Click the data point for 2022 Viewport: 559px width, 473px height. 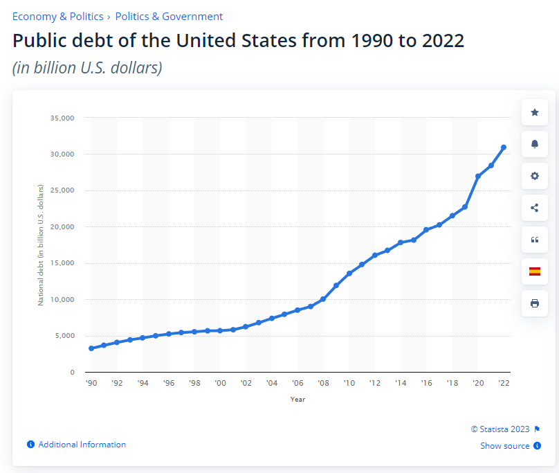pos(504,148)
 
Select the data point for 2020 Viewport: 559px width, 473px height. pos(478,177)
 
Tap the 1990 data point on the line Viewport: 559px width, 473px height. pos(91,348)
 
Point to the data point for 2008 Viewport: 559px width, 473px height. pos(323,299)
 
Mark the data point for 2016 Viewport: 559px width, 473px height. pos(426,230)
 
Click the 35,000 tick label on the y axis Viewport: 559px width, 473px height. pos(62,118)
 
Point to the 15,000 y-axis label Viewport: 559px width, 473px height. pos(62,263)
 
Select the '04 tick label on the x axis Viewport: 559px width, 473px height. pos(272,383)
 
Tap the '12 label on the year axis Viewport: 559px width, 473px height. pos(375,383)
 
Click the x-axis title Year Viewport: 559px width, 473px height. pos(297,399)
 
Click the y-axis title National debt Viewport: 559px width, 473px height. pos(41,245)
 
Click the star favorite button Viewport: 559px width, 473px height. pos(534,112)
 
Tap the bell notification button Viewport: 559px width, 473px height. pos(534,144)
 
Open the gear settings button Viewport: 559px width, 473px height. pos(534,176)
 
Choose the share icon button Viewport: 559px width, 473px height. pos(534,208)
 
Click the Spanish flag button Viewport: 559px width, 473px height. pos(534,271)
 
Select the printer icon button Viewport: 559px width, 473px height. pos(534,303)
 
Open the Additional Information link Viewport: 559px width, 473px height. pos(82,445)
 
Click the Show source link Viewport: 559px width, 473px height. pos(505,446)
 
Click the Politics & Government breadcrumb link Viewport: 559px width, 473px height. pos(169,16)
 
